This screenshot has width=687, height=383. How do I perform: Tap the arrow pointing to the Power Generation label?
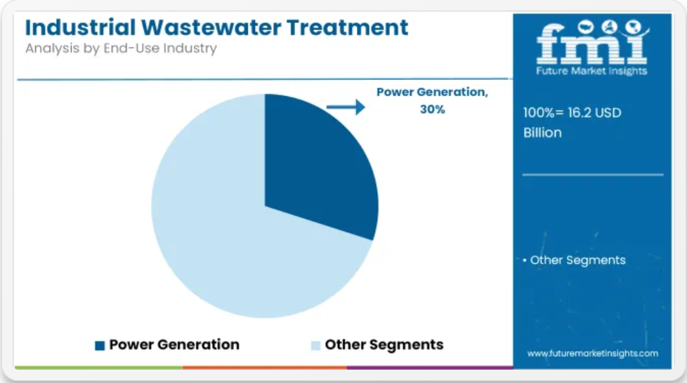click(x=346, y=107)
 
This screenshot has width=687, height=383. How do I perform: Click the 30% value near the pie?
click(x=433, y=109)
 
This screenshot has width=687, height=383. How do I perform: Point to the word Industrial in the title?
click(x=80, y=27)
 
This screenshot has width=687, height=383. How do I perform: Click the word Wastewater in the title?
click(x=211, y=27)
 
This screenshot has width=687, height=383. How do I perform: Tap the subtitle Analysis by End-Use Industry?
click(x=121, y=48)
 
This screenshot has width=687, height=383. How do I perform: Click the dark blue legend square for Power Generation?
click(x=100, y=345)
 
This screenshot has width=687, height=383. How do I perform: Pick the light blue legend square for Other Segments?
click(x=315, y=345)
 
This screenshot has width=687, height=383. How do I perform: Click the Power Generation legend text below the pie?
click(x=174, y=344)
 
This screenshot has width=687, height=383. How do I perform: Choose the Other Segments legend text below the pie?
click(x=384, y=344)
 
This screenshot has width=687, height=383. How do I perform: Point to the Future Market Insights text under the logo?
click(x=591, y=71)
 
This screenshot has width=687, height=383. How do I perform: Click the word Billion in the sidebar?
click(x=542, y=133)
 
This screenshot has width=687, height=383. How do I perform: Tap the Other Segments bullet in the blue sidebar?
click(x=574, y=260)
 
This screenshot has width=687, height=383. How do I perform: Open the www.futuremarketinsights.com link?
click(x=592, y=354)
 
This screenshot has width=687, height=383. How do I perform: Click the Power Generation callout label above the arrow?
click(x=433, y=92)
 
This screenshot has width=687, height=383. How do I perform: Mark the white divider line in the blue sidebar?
click(x=593, y=175)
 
